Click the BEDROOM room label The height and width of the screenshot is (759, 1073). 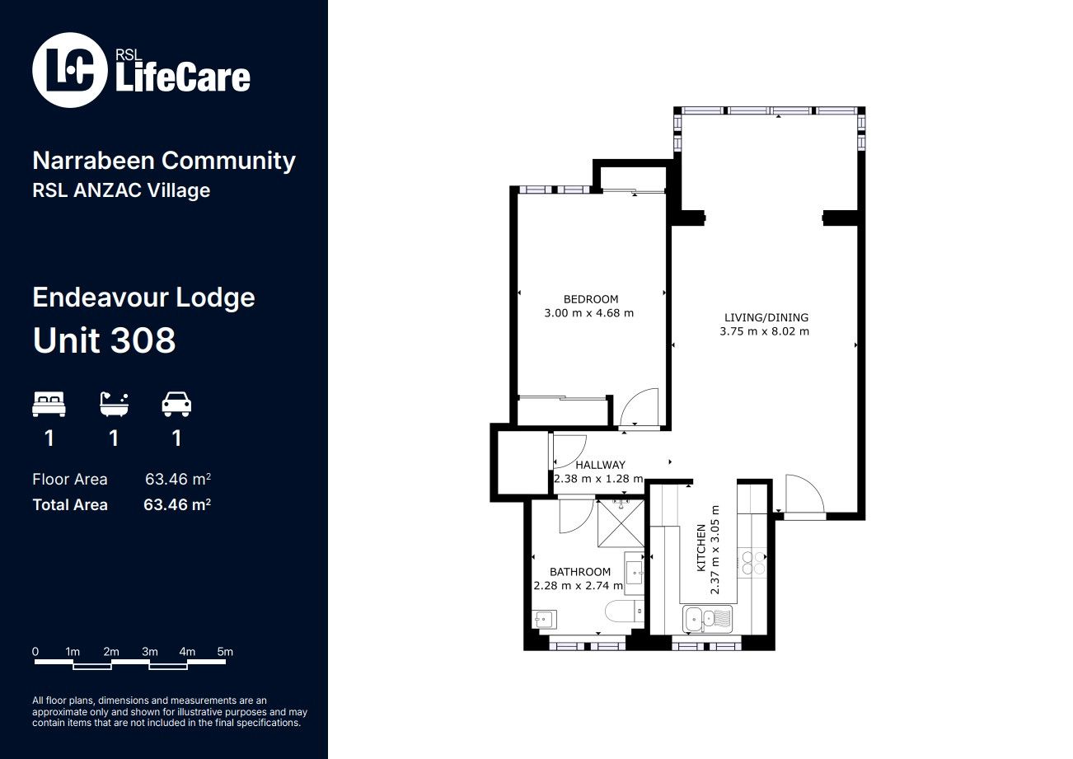591,299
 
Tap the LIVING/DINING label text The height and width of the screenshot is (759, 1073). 766,317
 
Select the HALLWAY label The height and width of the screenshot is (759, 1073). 600,465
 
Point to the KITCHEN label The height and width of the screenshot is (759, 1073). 700,548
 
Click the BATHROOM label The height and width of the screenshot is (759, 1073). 580,572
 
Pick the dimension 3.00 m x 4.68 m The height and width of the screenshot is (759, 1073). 588,313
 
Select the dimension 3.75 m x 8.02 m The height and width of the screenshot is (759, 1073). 765,331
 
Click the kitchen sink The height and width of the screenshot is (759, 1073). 708,619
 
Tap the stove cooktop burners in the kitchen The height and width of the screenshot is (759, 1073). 753,562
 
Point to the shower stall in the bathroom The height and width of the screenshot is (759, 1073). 621,523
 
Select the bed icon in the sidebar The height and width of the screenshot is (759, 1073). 49,404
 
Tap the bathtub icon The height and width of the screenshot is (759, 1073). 114,404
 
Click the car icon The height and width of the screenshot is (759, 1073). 176,404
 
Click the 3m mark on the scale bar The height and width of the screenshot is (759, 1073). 149,652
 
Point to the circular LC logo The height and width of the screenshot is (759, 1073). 70,70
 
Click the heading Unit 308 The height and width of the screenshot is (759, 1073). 105,340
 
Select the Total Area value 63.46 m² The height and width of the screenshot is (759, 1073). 177,504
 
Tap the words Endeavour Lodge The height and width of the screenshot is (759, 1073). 143,298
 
